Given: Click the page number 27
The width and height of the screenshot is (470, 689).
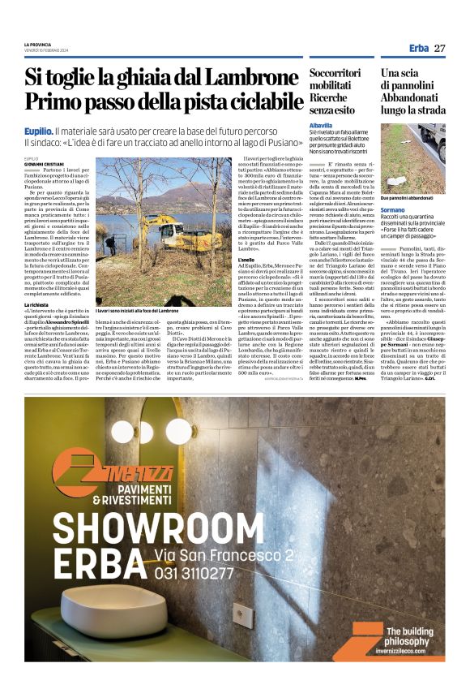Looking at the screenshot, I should pyautogui.click(x=440, y=48).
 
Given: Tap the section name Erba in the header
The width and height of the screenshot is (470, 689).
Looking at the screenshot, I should pyautogui.click(x=418, y=48).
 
